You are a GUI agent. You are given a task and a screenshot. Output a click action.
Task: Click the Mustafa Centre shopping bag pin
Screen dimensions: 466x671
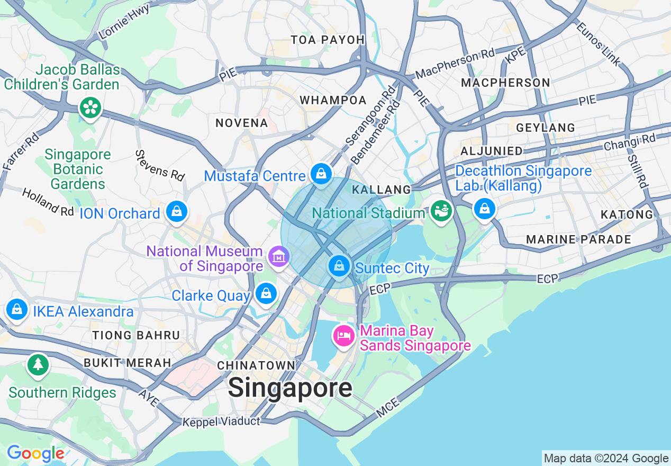point(321,173)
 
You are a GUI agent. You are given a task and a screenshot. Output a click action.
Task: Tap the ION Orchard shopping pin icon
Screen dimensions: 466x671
point(176,211)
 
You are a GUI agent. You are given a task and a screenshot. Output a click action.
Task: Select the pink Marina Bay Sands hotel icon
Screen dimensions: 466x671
point(344,336)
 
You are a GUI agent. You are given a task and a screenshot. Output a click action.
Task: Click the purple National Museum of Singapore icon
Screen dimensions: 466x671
point(278,257)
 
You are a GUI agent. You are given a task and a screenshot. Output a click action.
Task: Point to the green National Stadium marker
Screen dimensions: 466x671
point(441,211)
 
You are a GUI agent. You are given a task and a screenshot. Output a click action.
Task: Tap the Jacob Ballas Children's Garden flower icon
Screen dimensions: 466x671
point(90,108)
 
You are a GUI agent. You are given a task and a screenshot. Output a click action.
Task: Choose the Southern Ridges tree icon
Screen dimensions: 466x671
point(38,365)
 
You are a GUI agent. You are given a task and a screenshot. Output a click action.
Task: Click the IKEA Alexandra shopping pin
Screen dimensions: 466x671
point(17,309)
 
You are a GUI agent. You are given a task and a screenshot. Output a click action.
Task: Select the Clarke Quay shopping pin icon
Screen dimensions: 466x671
point(266,293)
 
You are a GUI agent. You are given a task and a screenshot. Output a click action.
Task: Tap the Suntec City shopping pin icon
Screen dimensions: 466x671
point(339,266)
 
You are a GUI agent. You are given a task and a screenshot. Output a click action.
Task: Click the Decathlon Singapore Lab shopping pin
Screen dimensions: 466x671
point(484,208)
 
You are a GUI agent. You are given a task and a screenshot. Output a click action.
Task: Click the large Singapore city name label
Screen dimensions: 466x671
point(290,388)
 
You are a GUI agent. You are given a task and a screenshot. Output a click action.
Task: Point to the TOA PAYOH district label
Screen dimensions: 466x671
point(328,40)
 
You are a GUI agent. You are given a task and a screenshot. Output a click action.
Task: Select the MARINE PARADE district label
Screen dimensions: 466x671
point(578,239)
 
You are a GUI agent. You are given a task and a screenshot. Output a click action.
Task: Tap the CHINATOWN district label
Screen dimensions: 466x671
point(256,365)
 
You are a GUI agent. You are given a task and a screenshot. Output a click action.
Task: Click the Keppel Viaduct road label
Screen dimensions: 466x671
point(221,422)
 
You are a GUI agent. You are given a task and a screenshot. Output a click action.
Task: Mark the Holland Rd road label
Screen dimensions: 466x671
point(48,201)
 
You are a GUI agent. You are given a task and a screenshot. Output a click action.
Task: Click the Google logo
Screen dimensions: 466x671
point(35,453)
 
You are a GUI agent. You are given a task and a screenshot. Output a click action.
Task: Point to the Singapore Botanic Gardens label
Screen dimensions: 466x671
point(78,169)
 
